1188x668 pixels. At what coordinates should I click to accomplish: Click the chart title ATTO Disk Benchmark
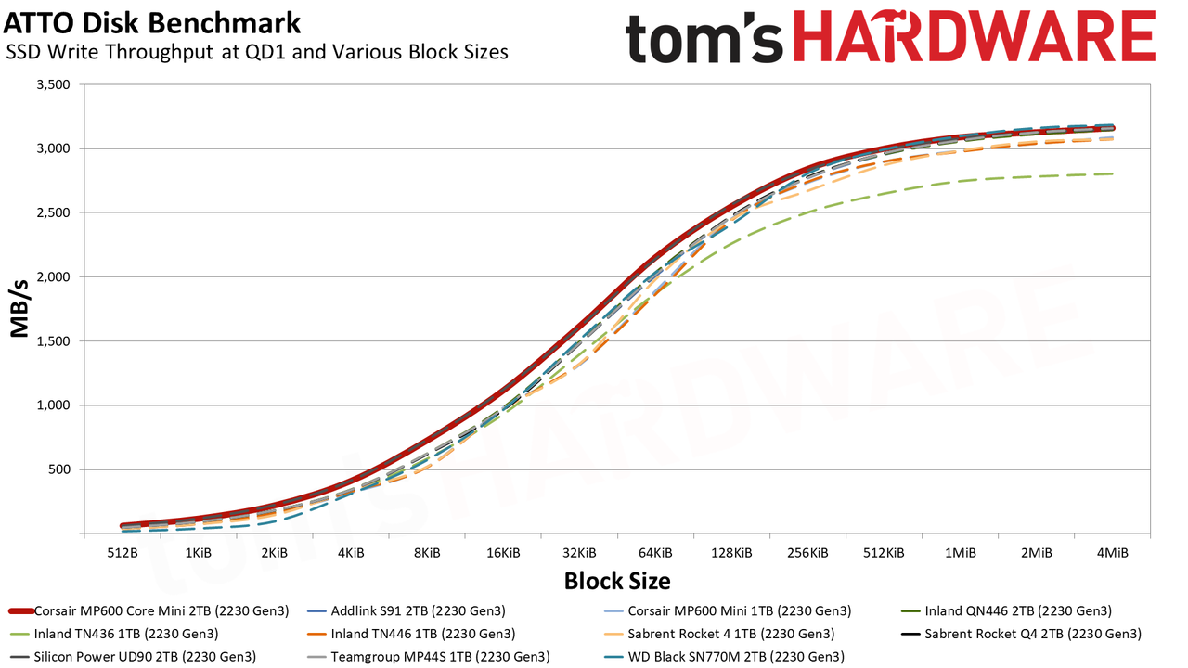click(x=151, y=23)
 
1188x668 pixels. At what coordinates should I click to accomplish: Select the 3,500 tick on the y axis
click(x=53, y=84)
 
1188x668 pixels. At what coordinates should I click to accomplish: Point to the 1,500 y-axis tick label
click(x=53, y=341)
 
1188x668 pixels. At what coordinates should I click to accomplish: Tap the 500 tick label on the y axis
click(x=58, y=469)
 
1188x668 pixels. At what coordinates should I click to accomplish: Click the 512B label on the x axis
click(x=122, y=553)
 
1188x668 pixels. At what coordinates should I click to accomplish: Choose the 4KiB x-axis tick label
click(x=351, y=553)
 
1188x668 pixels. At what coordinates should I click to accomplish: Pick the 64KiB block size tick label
click(x=655, y=553)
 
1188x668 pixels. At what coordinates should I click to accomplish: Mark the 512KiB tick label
click(x=883, y=553)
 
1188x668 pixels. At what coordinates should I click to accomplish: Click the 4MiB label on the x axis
click(x=1112, y=553)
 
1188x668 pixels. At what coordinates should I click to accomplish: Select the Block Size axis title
click(x=617, y=581)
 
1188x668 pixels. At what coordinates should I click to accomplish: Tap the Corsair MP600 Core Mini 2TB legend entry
click(x=149, y=610)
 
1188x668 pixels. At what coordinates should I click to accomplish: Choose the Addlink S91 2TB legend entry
click(x=407, y=610)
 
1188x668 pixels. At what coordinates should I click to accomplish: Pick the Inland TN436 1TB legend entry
click(x=114, y=634)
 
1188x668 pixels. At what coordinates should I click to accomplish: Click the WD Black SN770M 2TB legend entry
click(x=724, y=657)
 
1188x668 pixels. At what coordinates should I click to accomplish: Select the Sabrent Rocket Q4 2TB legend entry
click(x=1021, y=634)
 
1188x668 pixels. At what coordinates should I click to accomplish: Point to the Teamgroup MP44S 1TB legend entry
click(x=428, y=657)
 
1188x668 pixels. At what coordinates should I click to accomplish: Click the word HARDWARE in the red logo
click(x=975, y=37)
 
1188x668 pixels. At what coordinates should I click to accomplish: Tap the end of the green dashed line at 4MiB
click(x=1112, y=173)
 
